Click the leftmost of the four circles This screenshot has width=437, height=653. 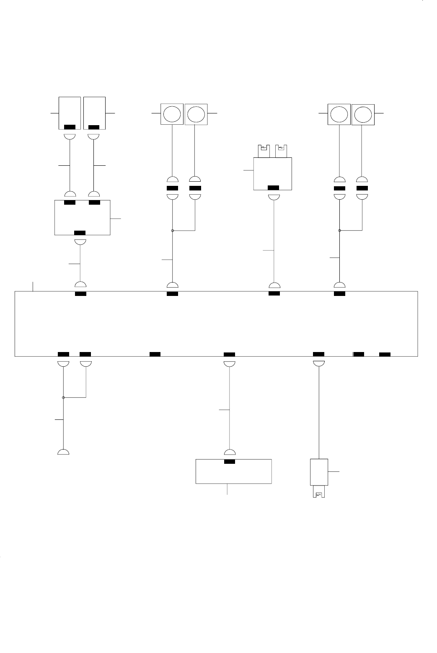[x=172, y=114]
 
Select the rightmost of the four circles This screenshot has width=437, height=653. [x=362, y=114]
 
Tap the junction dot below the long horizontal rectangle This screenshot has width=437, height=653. [x=63, y=397]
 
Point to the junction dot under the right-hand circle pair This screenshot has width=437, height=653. [x=339, y=230]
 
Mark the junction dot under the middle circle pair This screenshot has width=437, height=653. [x=172, y=230]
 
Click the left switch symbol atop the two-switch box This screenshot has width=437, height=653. [x=264, y=148]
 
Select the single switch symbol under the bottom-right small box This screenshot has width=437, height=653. [x=319, y=494]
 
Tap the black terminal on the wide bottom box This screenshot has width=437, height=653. [x=230, y=462]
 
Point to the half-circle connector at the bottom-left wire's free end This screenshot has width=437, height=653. [x=63, y=452]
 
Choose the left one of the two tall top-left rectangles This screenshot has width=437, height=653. [x=70, y=113]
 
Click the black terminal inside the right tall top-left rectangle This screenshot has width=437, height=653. [x=94, y=127]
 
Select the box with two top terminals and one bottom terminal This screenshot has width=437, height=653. [x=83, y=218]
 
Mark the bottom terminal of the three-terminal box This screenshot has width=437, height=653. [x=80, y=233]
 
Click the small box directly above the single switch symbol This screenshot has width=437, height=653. [x=319, y=472]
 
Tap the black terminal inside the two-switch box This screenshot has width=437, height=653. [x=273, y=187]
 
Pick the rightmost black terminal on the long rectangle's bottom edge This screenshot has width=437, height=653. [x=385, y=355]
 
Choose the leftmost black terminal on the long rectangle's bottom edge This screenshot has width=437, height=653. [x=63, y=354]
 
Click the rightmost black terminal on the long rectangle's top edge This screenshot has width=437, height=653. [x=339, y=293]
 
